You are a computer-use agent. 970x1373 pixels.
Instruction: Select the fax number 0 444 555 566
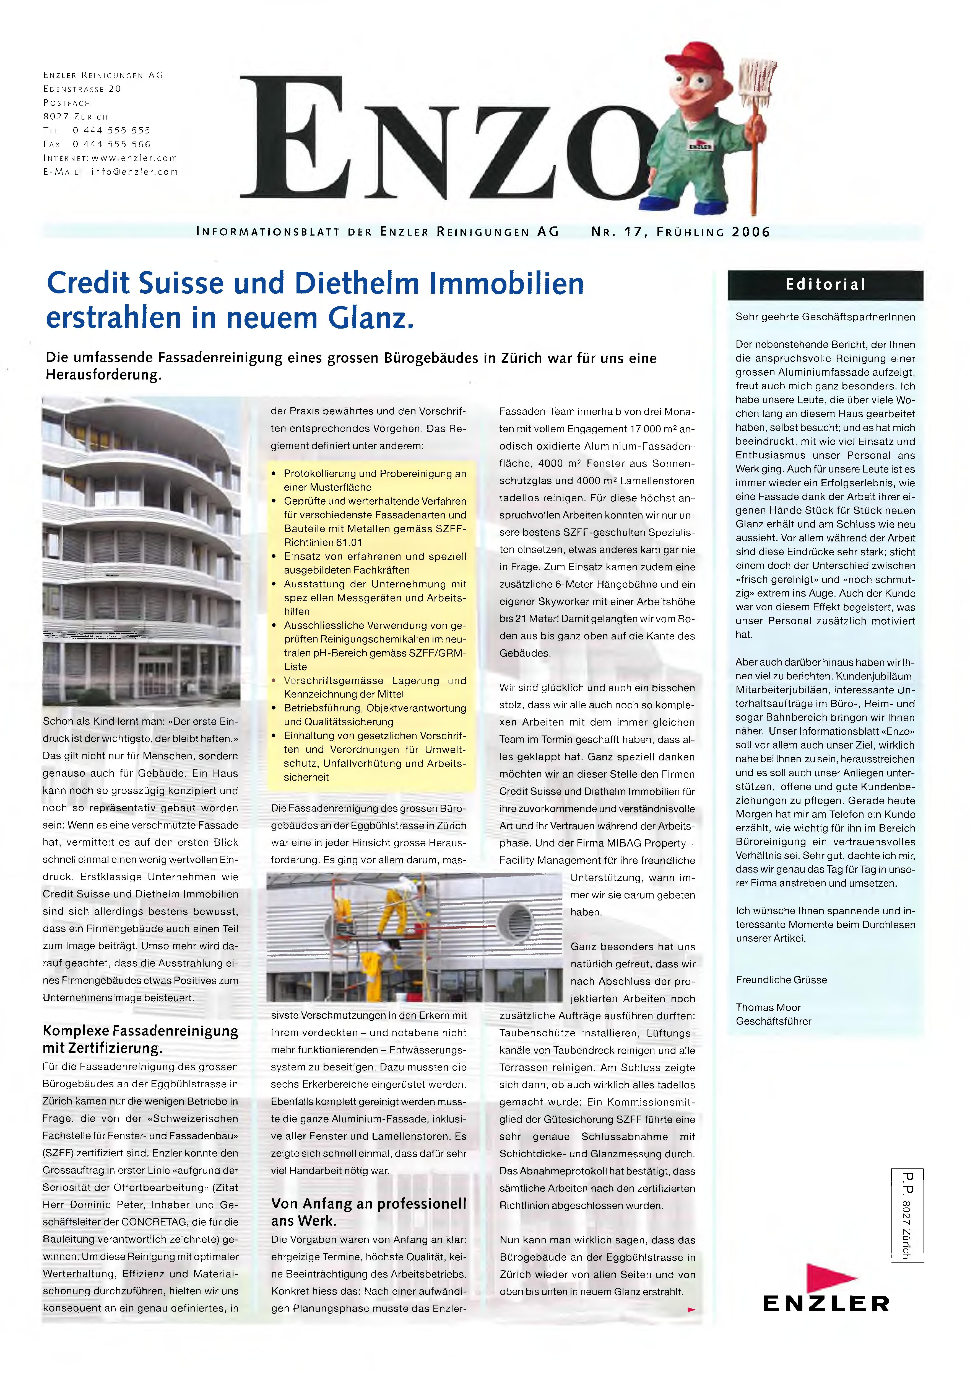(x=112, y=144)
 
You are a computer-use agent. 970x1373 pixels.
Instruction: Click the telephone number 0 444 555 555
(x=112, y=130)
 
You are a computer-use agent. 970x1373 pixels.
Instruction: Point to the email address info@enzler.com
(x=134, y=172)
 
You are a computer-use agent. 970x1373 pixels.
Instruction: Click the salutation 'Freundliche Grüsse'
(x=781, y=980)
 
